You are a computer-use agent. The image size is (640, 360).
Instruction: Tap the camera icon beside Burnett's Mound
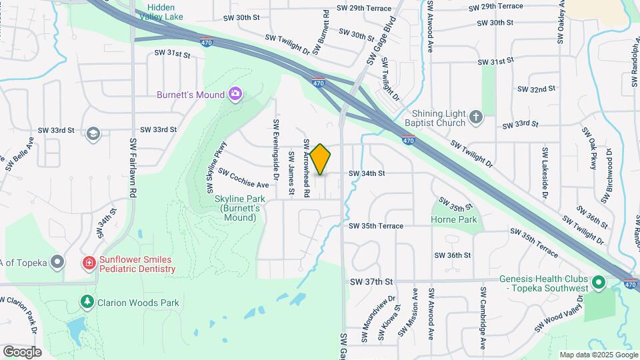235,94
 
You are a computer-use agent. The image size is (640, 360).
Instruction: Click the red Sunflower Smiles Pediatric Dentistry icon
88,264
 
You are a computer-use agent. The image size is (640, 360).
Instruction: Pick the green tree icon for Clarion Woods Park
87,302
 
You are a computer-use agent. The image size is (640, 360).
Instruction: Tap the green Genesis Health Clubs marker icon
599,283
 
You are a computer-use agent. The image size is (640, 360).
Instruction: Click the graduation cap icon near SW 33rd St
93,133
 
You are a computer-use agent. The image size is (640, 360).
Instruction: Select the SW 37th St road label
372,283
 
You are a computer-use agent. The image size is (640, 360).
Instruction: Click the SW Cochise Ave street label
243,177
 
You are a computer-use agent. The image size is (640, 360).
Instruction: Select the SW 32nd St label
537,89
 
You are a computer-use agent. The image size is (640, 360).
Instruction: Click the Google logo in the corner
23,351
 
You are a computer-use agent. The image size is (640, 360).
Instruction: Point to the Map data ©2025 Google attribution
598,355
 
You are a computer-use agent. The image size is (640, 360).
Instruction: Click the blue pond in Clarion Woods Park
75,327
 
